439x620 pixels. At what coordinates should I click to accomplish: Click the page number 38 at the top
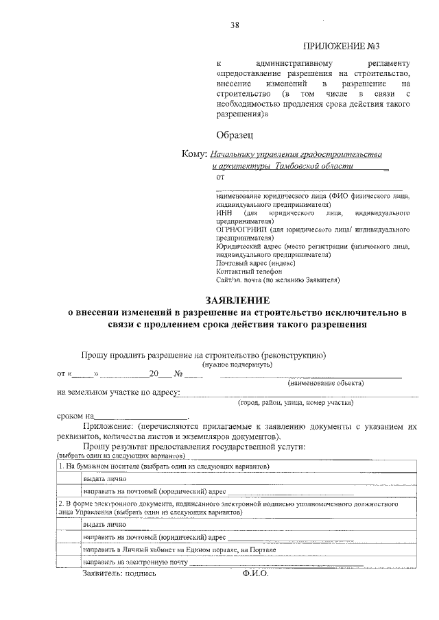[x=235, y=25]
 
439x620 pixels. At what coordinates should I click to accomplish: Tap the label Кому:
[x=194, y=154]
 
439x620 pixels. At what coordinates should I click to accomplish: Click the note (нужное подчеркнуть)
[x=237, y=364]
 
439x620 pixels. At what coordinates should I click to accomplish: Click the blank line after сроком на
[x=141, y=416]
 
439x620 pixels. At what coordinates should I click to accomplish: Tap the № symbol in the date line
[x=178, y=374]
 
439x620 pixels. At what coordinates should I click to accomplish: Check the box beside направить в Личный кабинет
[x=68, y=549]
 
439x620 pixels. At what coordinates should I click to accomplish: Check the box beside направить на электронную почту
[x=68, y=561]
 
